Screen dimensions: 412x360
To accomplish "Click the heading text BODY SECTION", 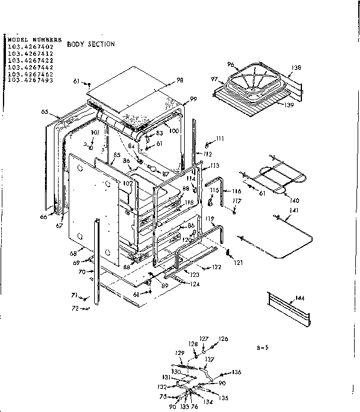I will pos(91,44).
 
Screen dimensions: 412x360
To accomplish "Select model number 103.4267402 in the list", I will pos(30,46).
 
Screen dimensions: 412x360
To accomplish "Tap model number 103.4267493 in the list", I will pos(30,80).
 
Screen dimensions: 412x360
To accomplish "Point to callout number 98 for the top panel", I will pos(179,81).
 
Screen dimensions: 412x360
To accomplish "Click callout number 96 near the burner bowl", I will pos(231,65).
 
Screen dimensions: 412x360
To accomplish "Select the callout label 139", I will pos(288,105).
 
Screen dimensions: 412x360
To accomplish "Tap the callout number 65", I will pos(44,111).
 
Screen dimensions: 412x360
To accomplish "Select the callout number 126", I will pos(223,339).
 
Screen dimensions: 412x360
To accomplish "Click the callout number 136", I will pos(237,372).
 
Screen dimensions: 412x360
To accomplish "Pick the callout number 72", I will pos(75,308).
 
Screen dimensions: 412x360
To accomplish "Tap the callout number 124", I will pos(195,284).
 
